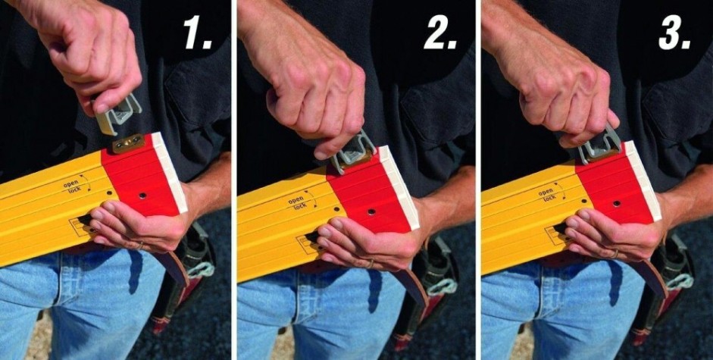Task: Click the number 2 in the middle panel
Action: click(x=439, y=33)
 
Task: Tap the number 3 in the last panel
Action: click(x=674, y=33)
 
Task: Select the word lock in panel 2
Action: click(x=300, y=206)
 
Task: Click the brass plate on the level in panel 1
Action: click(x=128, y=143)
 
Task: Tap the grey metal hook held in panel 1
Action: click(x=117, y=114)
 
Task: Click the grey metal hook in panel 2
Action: click(x=354, y=151)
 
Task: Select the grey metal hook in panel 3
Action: click(x=600, y=143)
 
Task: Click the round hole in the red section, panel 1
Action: click(x=142, y=196)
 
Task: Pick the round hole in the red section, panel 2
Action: click(x=371, y=211)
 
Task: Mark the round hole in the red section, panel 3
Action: click(x=617, y=203)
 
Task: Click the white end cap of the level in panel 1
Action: click(x=170, y=172)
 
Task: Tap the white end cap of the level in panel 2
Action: click(x=399, y=186)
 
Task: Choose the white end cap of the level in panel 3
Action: click(x=643, y=180)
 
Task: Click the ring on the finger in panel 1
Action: click(x=140, y=246)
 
